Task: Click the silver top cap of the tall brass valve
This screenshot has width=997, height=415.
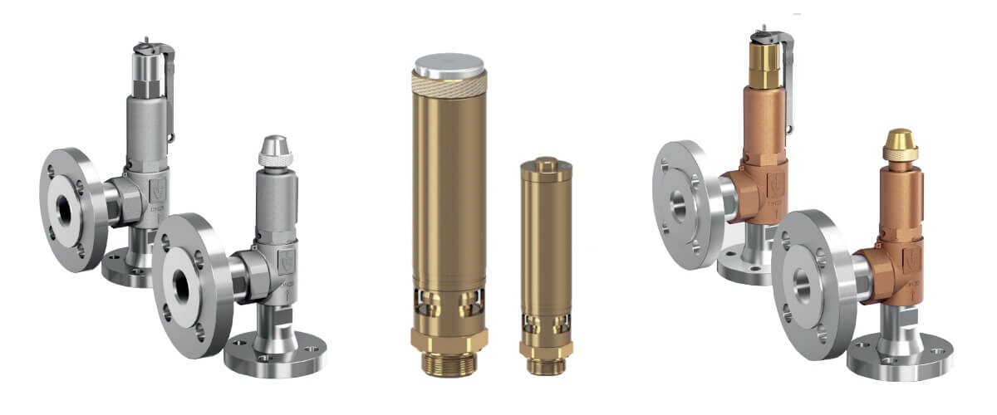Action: (449, 66)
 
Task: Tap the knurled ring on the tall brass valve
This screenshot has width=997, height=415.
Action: (449, 85)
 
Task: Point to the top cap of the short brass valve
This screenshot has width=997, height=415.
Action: (546, 164)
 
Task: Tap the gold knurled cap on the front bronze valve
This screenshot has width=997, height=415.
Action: (900, 146)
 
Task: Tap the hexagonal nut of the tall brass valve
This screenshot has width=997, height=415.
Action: (449, 338)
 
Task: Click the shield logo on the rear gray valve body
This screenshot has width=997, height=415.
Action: (158, 188)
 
